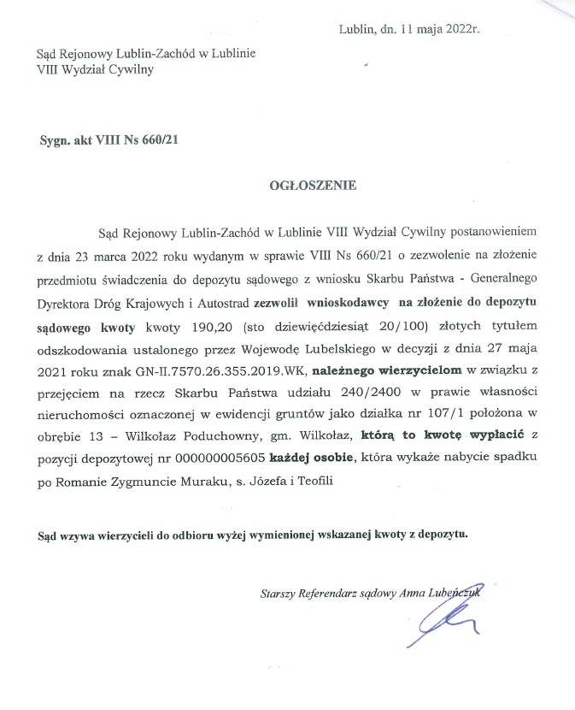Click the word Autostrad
[x=212, y=302]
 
